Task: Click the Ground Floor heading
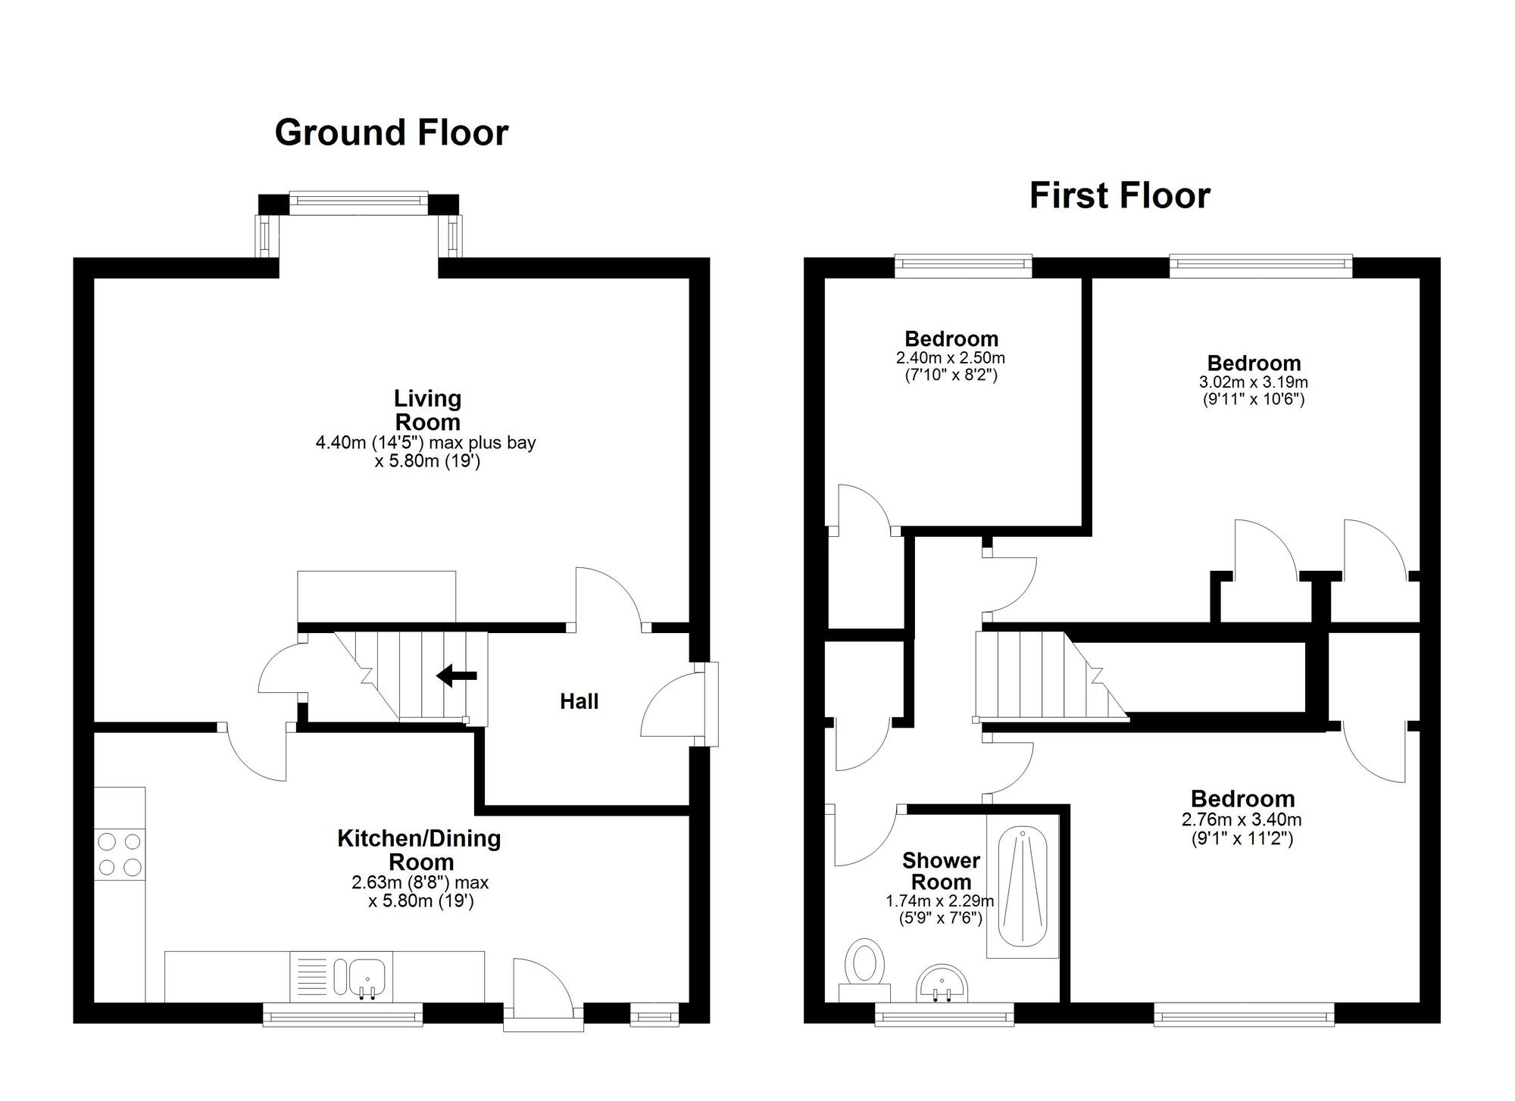pos(391,133)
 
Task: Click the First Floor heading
pos(1119,196)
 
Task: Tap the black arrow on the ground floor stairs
pos(458,675)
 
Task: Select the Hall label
pos(579,702)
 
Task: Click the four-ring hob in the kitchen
pos(120,853)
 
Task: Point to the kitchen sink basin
pos(367,976)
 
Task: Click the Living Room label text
pos(427,410)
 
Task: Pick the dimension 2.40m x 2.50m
pos(951,358)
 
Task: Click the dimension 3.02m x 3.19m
pos(1253,382)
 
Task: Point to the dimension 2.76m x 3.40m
pos(1242,819)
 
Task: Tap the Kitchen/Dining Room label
pos(419,850)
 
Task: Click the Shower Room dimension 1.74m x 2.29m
pos(939,901)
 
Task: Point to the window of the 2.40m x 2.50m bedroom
pos(963,264)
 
